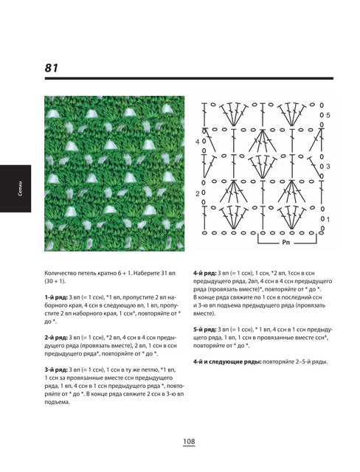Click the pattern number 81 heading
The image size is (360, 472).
[x=51, y=68]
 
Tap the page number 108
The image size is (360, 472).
[x=189, y=441]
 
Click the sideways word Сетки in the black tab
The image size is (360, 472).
[x=20, y=189]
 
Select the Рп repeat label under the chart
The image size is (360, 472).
[x=286, y=242]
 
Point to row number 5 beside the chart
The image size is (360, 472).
[x=328, y=115]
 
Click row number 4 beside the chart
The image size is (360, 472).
[x=197, y=142]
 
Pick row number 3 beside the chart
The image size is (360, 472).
[x=328, y=166]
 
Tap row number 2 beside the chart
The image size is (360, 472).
[x=197, y=194]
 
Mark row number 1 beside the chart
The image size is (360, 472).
[x=328, y=220]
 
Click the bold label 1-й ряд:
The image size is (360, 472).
[x=55, y=297]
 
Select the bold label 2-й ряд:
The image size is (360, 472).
[x=55, y=338]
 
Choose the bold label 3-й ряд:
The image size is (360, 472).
[x=55, y=369]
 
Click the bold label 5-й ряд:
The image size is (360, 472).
[x=204, y=330]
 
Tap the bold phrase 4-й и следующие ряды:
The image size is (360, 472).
[x=227, y=361]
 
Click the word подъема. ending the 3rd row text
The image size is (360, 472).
[x=58, y=402]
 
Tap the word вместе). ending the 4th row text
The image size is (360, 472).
[x=204, y=313]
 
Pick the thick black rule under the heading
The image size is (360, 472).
[x=189, y=78]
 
